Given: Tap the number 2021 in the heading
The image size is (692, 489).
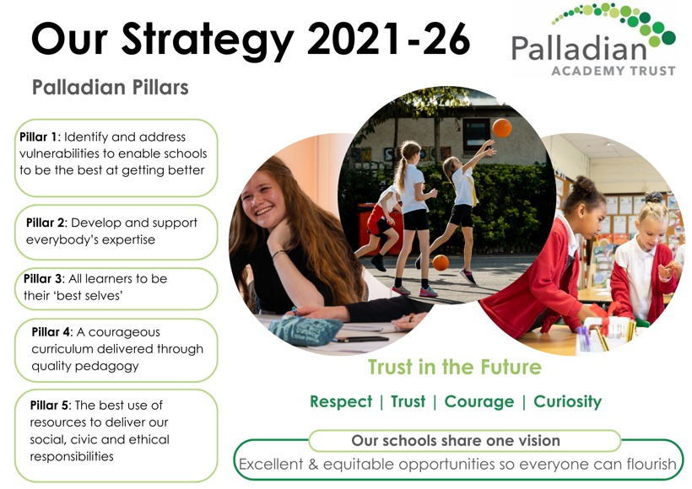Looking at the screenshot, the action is pyautogui.click(x=353, y=39).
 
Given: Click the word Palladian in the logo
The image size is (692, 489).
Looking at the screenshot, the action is pyautogui.click(x=579, y=49).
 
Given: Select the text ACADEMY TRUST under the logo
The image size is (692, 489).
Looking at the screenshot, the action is pyautogui.click(x=614, y=71).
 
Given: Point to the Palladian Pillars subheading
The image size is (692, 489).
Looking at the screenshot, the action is pyautogui.click(x=111, y=87).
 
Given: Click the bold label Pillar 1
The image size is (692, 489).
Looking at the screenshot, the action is pyautogui.click(x=38, y=137).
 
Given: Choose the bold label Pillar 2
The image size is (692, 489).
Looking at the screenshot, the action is pyautogui.click(x=46, y=223).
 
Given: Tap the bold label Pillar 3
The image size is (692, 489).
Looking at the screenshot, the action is pyautogui.click(x=43, y=279).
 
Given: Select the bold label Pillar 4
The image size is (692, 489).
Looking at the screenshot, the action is pyautogui.click(x=51, y=331).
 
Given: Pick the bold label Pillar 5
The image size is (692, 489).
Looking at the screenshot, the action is pyautogui.click(x=50, y=405).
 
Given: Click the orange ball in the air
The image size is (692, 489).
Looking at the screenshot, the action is pyautogui.click(x=502, y=128).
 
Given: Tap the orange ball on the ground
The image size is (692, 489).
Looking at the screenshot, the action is pyautogui.click(x=441, y=262).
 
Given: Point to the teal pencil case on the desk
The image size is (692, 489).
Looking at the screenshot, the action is pyautogui.click(x=305, y=330).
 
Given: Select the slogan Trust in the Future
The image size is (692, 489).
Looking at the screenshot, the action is pyautogui.click(x=455, y=367).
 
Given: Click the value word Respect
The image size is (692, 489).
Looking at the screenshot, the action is pyautogui.click(x=341, y=401).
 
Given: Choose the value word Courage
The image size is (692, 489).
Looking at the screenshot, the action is pyautogui.click(x=479, y=401).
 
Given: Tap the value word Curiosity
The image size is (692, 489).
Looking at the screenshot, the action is pyautogui.click(x=568, y=401).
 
